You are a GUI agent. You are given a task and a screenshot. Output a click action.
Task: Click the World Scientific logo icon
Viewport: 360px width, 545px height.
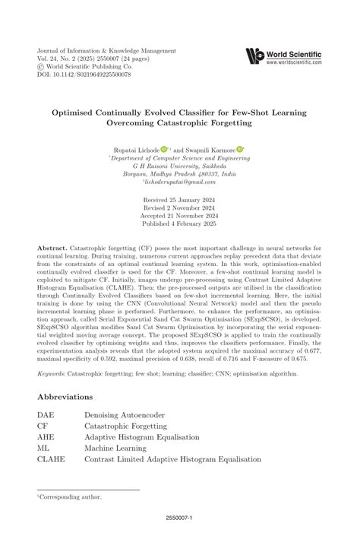tap(255, 56)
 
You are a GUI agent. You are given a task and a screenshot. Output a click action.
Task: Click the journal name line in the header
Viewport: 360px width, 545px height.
tap(101, 48)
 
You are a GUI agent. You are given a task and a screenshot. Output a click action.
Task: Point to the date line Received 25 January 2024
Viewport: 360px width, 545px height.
tap(180, 200)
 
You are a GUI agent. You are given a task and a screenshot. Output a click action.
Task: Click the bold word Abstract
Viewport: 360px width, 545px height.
tap(52, 249)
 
